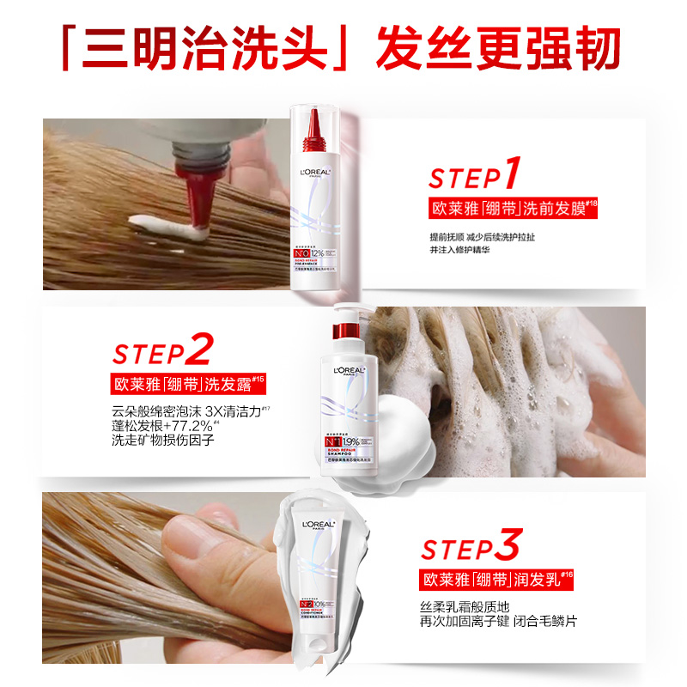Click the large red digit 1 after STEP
click(x=512, y=173)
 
